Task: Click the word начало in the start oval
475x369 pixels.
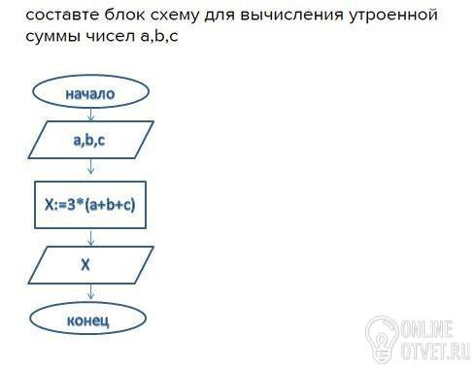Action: (90, 94)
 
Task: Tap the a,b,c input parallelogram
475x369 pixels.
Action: (91, 140)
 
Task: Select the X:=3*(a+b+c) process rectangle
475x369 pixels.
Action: (90, 205)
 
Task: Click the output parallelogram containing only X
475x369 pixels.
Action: (91, 265)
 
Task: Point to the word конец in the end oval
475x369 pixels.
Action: (87, 320)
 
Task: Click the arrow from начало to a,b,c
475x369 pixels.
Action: (91, 115)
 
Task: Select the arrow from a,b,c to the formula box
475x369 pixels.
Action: (91, 166)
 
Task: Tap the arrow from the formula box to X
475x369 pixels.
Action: (91, 238)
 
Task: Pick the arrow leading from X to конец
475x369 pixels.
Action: (91, 292)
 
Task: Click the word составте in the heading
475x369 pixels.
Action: (62, 15)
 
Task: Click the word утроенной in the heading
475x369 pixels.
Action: (393, 16)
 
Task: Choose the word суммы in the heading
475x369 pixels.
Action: (52, 37)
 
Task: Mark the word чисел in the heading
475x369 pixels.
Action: (110, 36)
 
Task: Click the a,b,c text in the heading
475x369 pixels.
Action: (159, 36)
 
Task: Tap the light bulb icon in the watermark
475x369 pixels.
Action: (382, 339)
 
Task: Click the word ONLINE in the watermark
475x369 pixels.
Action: (426, 329)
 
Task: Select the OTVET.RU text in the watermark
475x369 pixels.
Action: (435, 350)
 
